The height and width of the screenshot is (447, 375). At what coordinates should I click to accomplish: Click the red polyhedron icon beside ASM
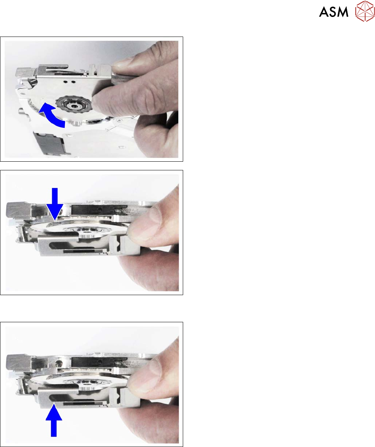365,11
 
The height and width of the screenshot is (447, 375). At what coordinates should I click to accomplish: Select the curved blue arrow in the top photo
53,116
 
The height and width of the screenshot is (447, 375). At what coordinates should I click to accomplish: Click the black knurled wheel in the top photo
73,105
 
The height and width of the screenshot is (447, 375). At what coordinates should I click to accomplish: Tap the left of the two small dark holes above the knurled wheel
66,82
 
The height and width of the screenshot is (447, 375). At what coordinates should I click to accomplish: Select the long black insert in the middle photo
99,210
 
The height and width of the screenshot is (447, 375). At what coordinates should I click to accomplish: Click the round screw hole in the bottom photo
59,363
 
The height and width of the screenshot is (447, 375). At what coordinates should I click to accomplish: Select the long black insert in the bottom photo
99,362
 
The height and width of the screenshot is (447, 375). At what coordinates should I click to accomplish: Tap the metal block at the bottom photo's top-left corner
18,361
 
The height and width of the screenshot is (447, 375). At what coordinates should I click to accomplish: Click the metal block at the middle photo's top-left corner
18,210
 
